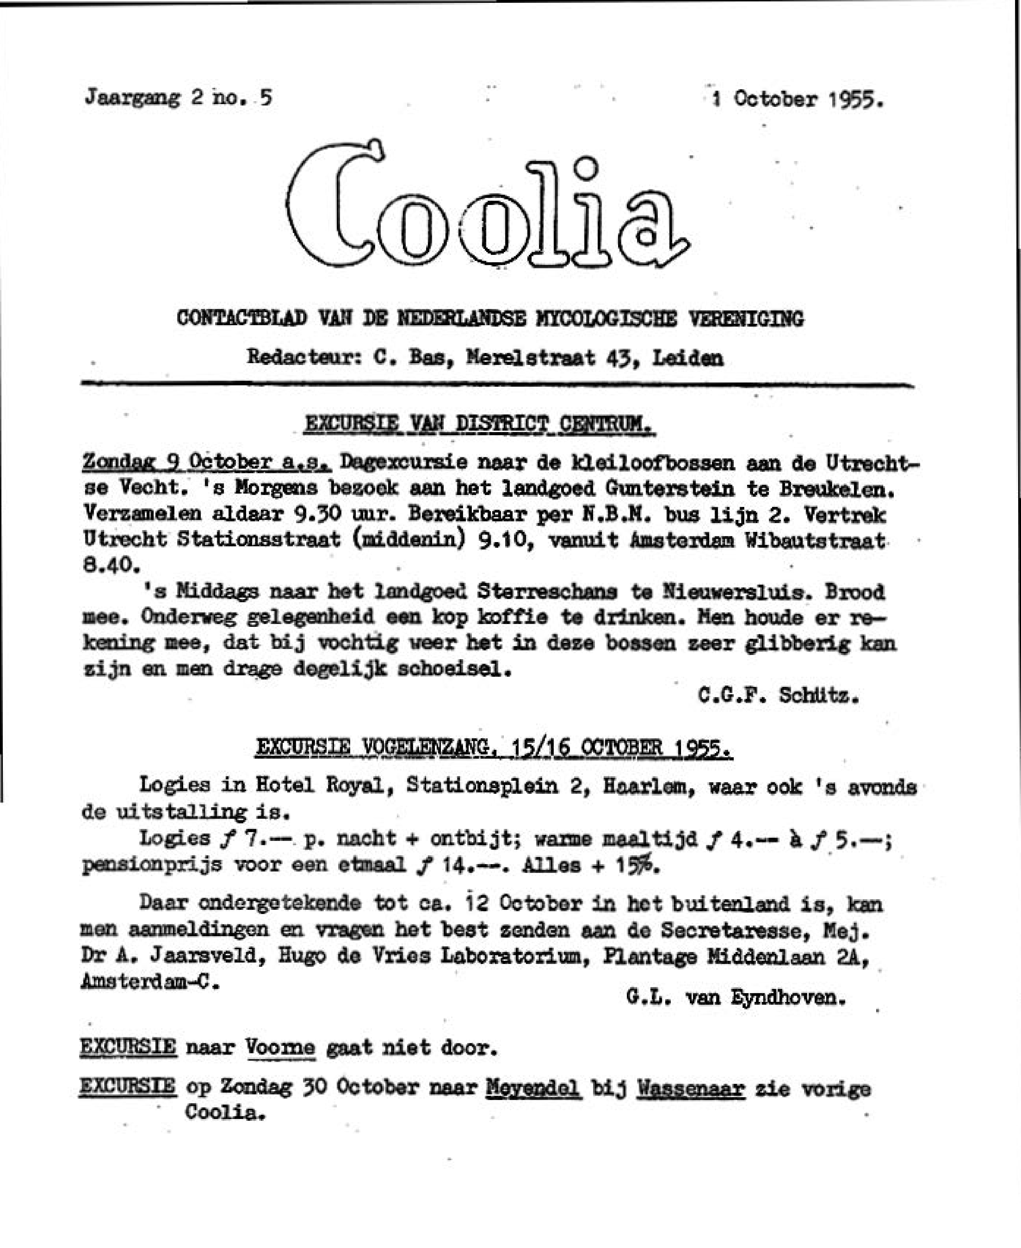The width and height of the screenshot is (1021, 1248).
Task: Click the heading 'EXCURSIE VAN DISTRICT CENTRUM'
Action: (479, 424)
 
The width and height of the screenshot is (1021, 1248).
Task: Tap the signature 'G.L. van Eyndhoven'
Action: (736, 997)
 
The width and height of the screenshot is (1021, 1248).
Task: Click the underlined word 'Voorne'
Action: (280, 1048)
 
